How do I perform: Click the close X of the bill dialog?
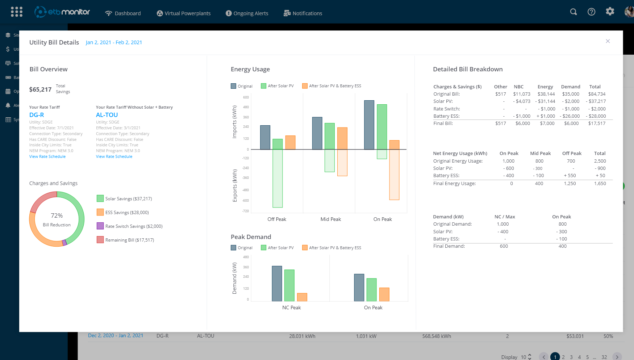[x=608, y=41]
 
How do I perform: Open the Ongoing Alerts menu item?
[x=247, y=13]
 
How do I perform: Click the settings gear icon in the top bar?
[x=610, y=12]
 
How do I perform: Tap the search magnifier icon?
[x=573, y=12]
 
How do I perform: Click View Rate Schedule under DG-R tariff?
[x=47, y=156]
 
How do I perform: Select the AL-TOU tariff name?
[x=107, y=115]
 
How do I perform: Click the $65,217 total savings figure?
[x=40, y=89]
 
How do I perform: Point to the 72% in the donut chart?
[x=57, y=215]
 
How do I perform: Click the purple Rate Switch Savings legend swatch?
[x=100, y=226]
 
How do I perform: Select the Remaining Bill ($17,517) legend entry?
[x=129, y=240]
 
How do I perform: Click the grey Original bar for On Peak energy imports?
[x=369, y=125]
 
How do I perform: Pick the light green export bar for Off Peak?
[x=278, y=178]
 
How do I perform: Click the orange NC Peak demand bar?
[x=302, y=297]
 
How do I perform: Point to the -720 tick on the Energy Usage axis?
[x=246, y=211]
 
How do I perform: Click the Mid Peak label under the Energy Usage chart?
[x=330, y=219]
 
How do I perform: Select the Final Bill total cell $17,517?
[x=597, y=124]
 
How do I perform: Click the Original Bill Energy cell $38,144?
[x=546, y=94]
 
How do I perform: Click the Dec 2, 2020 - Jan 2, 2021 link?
[x=116, y=336]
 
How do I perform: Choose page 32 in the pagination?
[x=604, y=357]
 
